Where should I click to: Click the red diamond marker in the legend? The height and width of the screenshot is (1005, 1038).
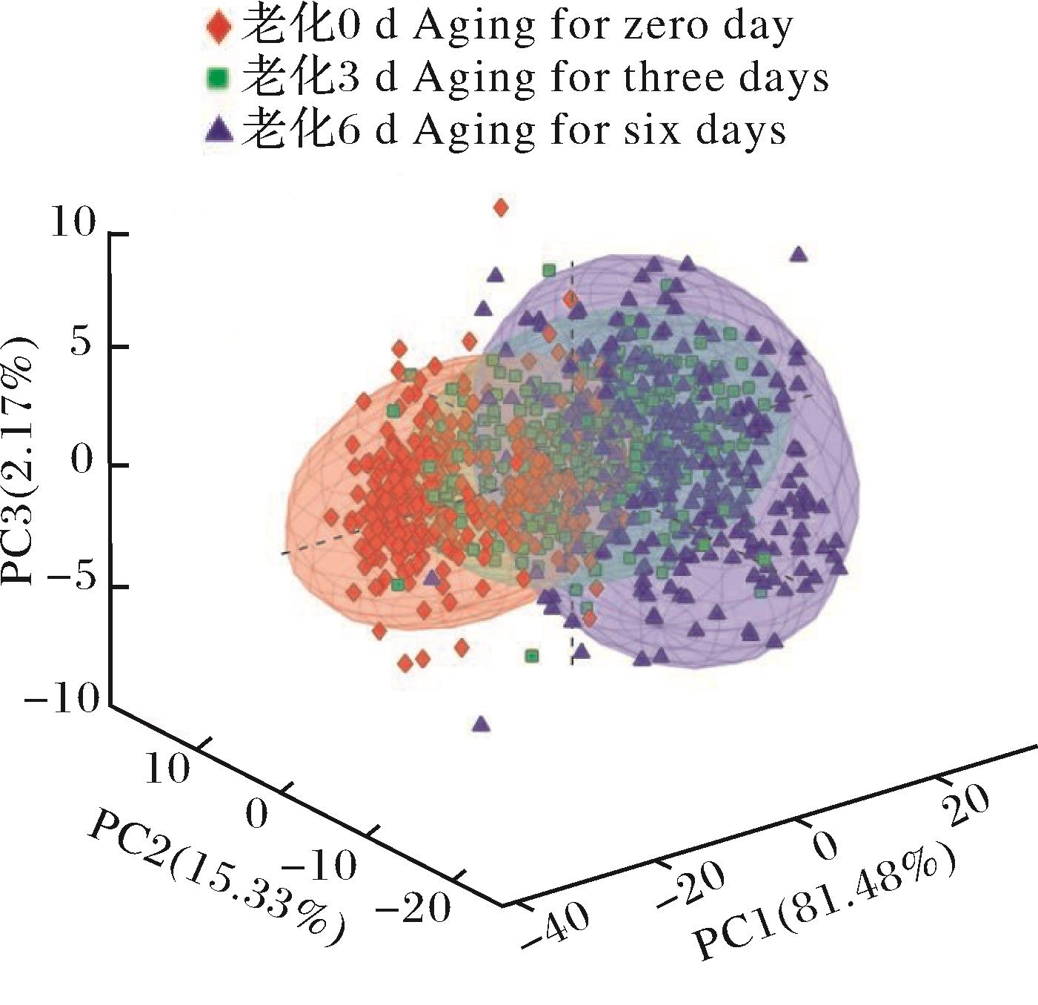pos(217,27)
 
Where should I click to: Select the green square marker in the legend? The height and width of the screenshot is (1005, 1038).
pos(217,77)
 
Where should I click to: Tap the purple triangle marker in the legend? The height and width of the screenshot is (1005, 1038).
pos(217,130)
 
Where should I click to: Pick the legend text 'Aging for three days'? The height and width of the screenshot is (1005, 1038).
pos(621,77)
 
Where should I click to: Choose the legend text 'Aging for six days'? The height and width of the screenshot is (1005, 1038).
pos(599,130)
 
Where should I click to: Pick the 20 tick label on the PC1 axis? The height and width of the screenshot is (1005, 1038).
pos(965,806)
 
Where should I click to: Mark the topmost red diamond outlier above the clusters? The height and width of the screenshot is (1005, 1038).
pos(501,208)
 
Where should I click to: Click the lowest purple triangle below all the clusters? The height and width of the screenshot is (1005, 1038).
pos(482,723)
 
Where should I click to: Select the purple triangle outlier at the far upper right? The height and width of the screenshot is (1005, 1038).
pos(798,254)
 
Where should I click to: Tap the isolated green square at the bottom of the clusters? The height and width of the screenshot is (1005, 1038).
pos(531,655)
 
